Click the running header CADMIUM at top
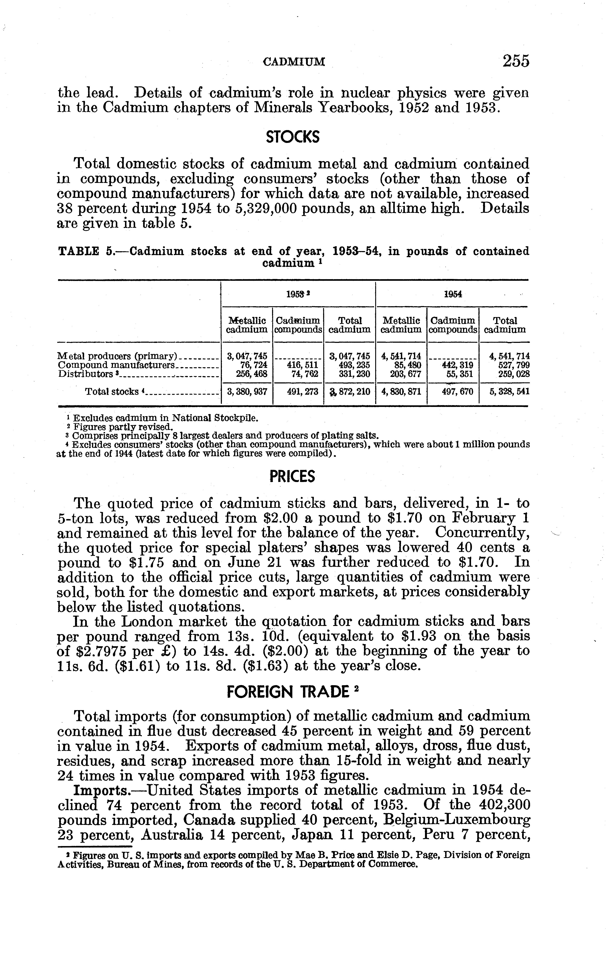tap(294, 62)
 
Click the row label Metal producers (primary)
tap(117, 356)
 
